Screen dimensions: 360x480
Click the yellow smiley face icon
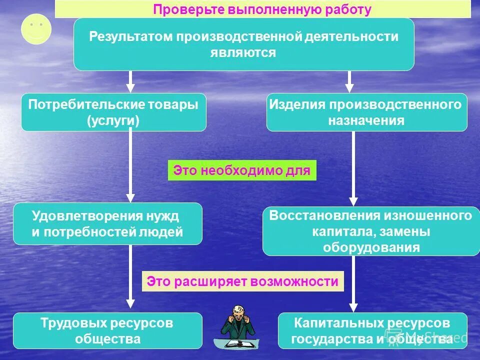[36, 29]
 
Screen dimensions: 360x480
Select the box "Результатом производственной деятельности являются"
[243, 44]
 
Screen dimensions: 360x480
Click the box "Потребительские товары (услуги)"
[113, 112]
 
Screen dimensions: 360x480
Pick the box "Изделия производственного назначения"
[366, 112]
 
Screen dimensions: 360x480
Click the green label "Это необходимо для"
[242, 170]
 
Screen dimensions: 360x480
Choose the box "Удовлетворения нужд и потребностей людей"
[107, 223]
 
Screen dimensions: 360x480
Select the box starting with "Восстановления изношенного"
[370, 231]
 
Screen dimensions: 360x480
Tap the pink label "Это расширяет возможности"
[242, 281]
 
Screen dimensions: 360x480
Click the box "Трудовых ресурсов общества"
[107, 330]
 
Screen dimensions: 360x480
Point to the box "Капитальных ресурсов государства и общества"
[372, 330]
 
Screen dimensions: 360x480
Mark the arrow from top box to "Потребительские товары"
[130, 81]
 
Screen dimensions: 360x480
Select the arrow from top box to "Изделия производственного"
[349, 81]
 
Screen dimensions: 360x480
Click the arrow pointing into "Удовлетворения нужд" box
[130, 167]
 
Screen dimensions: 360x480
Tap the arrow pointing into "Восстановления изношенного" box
[353, 170]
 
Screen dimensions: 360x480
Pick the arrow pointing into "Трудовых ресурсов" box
[130, 277]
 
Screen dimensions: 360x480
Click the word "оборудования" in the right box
[371, 247]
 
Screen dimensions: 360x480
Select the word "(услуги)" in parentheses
[113, 120]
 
